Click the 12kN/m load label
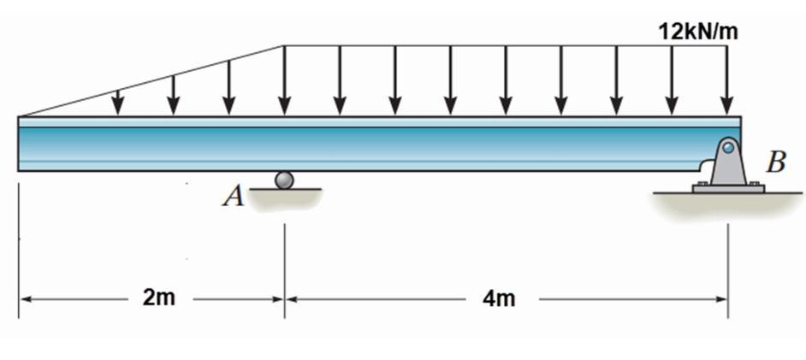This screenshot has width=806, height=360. point(697,32)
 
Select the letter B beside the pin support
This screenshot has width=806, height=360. point(776,162)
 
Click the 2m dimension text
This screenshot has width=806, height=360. point(159,299)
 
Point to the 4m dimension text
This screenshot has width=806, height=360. point(500,299)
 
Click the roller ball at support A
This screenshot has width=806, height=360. point(284,180)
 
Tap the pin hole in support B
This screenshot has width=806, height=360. point(727,147)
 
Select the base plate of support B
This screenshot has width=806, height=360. point(728,188)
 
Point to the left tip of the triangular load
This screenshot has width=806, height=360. point(20,115)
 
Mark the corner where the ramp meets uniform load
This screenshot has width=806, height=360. point(284,46)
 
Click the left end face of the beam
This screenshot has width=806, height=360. point(19,144)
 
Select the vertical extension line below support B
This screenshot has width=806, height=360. point(728,257)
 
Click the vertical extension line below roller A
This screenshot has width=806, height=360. point(285,257)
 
